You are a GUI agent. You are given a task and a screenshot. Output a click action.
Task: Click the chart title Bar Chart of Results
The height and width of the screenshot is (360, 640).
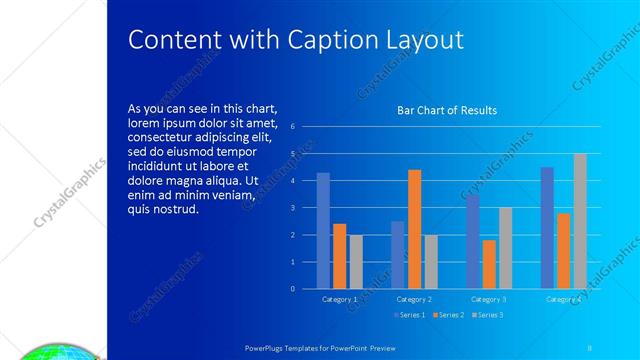pyautogui.click(x=447, y=110)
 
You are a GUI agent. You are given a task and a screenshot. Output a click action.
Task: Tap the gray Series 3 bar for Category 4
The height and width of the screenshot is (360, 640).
pyautogui.click(x=580, y=221)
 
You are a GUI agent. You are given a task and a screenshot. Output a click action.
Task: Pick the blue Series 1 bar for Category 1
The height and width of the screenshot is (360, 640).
pyautogui.click(x=323, y=230)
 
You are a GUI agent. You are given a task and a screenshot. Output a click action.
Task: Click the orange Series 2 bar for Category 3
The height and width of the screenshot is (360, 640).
pyautogui.click(x=489, y=264)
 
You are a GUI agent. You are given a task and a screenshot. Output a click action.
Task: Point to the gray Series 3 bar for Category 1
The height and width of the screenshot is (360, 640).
pyautogui.click(x=356, y=261)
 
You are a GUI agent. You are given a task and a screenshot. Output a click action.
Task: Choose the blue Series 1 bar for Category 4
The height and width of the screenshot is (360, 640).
pyautogui.click(x=547, y=227)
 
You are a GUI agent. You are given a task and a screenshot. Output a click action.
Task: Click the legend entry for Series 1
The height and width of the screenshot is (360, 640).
pyautogui.click(x=410, y=315)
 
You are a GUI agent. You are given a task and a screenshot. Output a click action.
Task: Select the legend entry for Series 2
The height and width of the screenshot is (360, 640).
pyautogui.click(x=448, y=315)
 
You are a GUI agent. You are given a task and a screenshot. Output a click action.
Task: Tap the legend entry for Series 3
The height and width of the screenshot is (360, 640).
pyautogui.click(x=487, y=315)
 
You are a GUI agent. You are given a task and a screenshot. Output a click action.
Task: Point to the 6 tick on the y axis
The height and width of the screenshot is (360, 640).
pyautogui.click(x=292, y=127)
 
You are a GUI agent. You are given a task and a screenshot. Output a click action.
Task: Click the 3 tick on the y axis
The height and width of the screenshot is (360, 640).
pyautogui.click(x=292, y=208)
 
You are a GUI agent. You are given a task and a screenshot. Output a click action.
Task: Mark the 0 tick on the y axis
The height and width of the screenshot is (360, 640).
pyautogui.click(x=292, y=289)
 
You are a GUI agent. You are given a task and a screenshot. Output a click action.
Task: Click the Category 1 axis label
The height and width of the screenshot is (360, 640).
pyautogui.click(x=340, y=299)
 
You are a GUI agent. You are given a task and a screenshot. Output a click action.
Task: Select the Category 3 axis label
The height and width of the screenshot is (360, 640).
pyautogui.click(x=489, y=299)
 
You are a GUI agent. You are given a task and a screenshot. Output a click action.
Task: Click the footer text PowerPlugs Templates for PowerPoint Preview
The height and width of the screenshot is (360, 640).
pyautogui.click(x=321, y=347)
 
